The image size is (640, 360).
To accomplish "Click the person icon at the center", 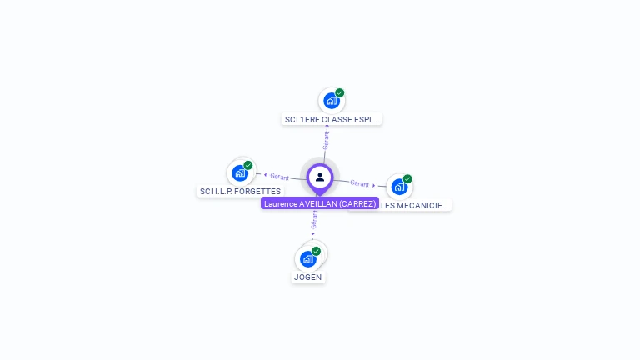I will click(320, 177).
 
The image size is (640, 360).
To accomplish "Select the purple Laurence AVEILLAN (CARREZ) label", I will click(320, 203).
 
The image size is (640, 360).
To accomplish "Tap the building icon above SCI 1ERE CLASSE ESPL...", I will click(332, 101).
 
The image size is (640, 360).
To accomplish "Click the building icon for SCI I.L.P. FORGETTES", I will click(240, 173).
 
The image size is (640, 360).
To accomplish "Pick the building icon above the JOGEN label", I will click(308, 258).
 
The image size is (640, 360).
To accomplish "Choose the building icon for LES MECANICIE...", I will click(399, 187).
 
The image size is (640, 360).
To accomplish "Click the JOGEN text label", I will click(308, 277).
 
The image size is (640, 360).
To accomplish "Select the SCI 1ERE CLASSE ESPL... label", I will click(332, 119).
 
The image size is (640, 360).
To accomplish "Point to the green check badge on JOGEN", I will click(317, 251).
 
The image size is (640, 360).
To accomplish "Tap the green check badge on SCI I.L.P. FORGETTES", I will click(248, 165).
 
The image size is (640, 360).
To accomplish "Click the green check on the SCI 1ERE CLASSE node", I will click(340, 93).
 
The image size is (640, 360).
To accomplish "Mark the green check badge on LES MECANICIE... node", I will click(407, 179).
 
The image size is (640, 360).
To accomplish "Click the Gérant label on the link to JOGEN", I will click(314, 219).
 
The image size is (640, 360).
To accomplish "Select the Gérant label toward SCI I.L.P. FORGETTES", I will click(279, 177).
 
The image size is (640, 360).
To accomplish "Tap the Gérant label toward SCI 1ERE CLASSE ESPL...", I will click(326, 139).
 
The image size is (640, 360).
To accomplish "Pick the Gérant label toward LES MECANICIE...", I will click(360, 182).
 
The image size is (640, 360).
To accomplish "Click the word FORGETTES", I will click(257, 192).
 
